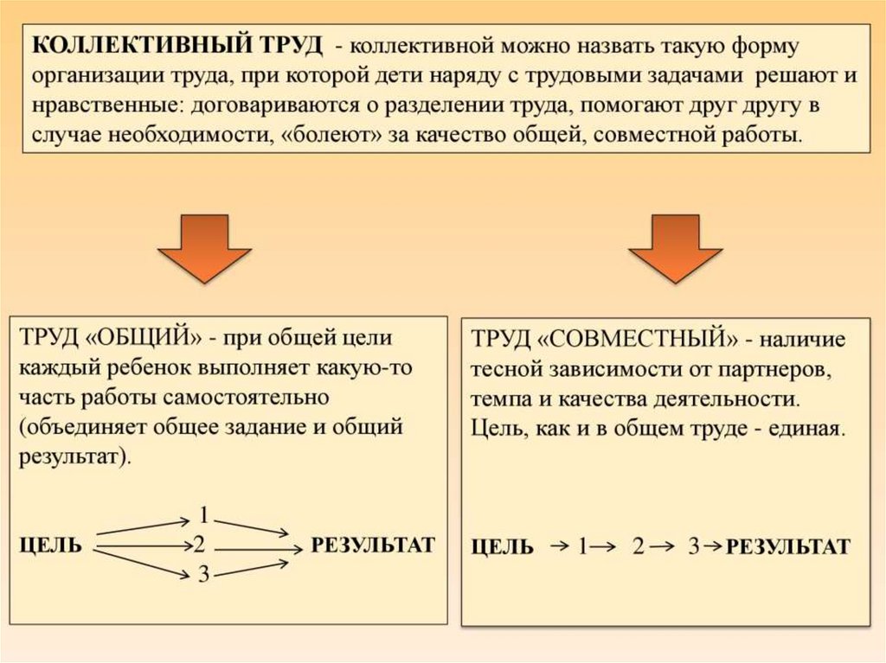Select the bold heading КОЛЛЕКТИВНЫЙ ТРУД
pos(178,45)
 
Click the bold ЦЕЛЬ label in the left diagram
pos(51,545)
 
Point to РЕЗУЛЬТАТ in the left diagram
pos(373,545)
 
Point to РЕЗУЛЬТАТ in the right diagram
pos(788,547)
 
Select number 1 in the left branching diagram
pos(203,515)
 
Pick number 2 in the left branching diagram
pos(199,545)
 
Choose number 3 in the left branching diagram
pos(203,573)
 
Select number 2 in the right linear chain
pos(638,546)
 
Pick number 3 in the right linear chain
pos(692,546)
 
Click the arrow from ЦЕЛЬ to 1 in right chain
pos(559,545)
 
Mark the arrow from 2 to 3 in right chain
pos(664,545)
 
